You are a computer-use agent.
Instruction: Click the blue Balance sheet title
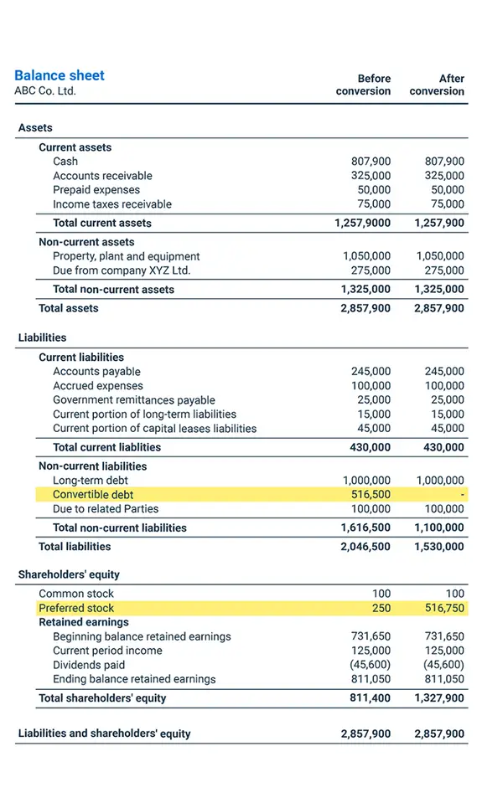point(60,75)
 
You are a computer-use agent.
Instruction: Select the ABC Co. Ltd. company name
point(45,90)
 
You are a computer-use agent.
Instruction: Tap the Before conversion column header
point(363,85)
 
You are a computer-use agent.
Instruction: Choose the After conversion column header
point(437,85)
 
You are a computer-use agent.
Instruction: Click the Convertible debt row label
point(93,495)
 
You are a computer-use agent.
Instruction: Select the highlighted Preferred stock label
point(76,608)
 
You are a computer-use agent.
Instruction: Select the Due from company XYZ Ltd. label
point(122,270)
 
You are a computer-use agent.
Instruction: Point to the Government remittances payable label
point(134,400)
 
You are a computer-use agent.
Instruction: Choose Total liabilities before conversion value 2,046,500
point(365,547)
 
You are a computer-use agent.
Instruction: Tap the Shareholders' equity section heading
point(69,574)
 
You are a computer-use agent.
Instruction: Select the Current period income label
point(107,651)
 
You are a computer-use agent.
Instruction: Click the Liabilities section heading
point(42,337)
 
